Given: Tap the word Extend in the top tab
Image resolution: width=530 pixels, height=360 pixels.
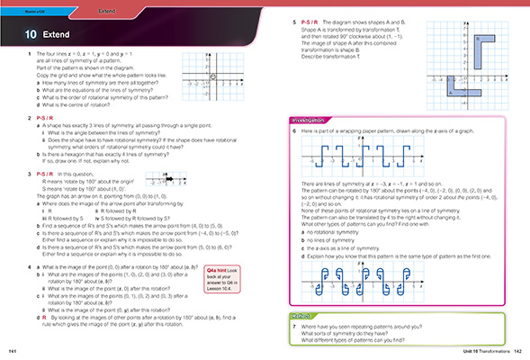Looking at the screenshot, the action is tap(106, 10).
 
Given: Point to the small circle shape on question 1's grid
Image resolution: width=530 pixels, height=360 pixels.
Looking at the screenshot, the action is tap(211, 78).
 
